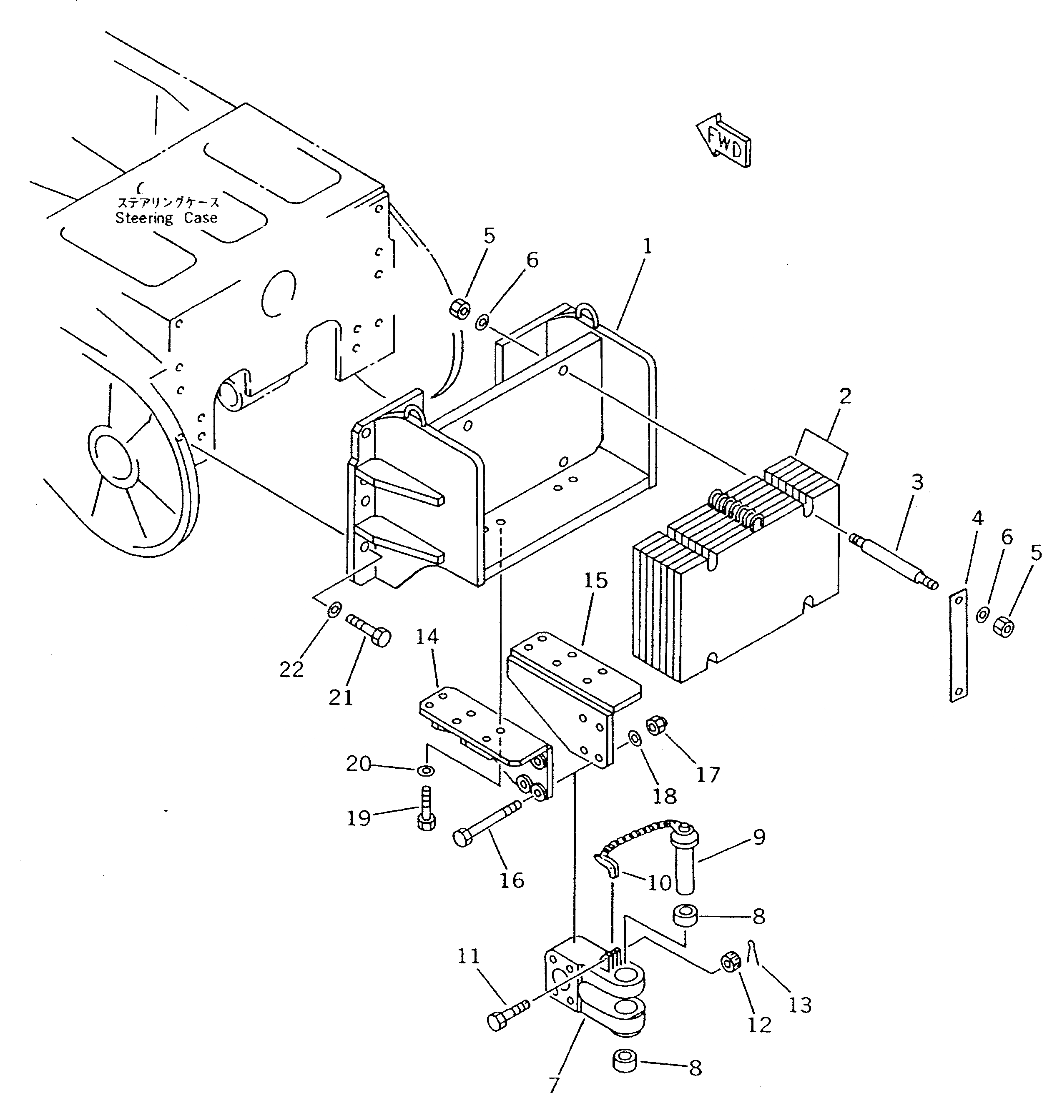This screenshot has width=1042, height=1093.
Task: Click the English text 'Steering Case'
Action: (166, 218)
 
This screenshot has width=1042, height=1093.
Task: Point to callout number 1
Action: (647, 247)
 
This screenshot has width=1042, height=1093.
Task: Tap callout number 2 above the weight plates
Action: (845, 396)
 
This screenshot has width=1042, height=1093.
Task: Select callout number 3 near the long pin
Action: (917, 482)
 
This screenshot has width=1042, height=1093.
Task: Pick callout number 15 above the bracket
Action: (595, 581)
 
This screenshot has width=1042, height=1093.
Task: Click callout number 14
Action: (427, 637)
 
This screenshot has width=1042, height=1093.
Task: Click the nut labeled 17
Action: (656, 725)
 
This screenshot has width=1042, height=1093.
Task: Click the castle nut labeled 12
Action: (730, 962)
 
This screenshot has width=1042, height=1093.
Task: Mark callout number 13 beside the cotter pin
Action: (800, 1005)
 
